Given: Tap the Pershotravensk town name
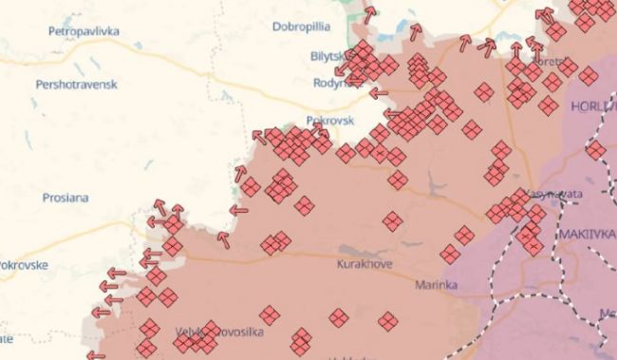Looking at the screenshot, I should [x=76, y=85].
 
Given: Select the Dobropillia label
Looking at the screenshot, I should [x=300, y=26].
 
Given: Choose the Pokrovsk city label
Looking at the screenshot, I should [x=329, y=122].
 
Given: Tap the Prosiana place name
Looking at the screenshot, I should [x=65, y=198].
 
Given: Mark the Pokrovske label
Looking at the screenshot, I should [x=22, y=265].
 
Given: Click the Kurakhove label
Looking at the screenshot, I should [x=364, y=264].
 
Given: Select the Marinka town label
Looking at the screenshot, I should [x=436, y=284].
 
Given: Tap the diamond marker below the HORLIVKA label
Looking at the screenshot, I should [x=595, y=149].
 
